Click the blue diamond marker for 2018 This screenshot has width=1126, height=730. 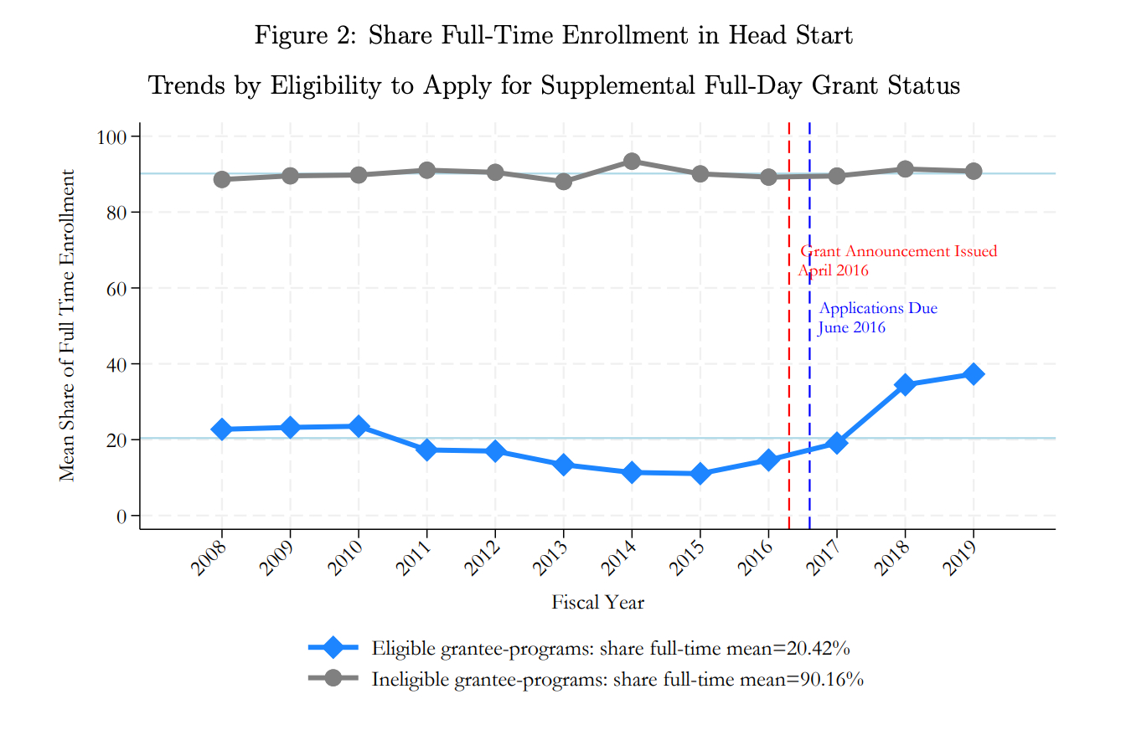pos(905,385)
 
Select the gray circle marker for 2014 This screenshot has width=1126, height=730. pos(632,162)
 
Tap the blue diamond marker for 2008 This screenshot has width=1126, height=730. pos(222,429)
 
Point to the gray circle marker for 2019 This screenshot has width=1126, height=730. pos(973,171)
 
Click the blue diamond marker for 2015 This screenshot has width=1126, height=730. pos(700,474)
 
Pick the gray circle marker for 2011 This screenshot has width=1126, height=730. pos(426,170)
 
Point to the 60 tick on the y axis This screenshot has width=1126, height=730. pos(116,288)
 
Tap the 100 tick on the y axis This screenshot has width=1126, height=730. pos(111,136)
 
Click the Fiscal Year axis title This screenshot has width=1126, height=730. pos(597,603)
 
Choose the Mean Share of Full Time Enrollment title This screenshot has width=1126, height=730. pos(68,326)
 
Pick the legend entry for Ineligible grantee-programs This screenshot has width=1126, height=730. pos(617,680)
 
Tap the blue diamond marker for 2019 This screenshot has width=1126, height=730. pos(973,374)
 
